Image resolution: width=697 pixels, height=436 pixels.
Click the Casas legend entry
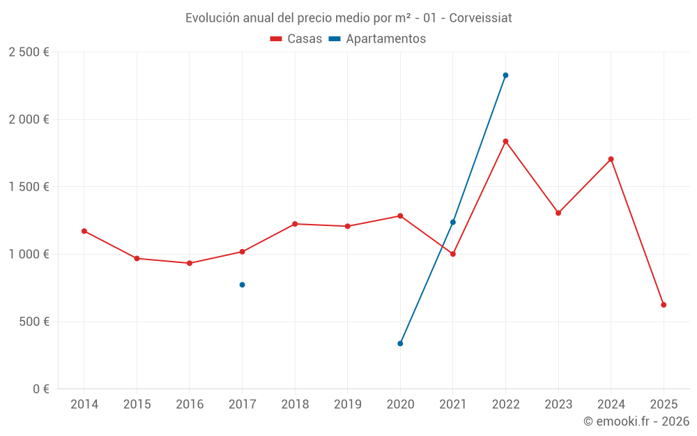[x=296, y=39]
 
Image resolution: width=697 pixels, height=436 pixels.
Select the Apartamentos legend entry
[x=377, y=39]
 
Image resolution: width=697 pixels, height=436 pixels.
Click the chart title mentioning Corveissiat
[x=348, y=18]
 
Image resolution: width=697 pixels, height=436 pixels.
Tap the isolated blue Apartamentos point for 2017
[x=242, y=285]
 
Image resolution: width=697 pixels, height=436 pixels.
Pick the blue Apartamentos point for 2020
[x=400, y=343]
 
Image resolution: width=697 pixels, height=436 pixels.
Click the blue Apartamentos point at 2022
[x=505, y=75]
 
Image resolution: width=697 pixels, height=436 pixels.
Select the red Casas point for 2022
[x=505, y=142]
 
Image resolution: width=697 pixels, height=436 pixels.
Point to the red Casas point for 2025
[x=664, y=305]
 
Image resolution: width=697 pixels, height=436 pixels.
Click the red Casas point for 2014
[x=84, y=231]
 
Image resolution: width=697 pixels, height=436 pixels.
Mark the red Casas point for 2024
[x=611, y=159]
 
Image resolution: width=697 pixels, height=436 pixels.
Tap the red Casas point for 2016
[x=190, y=263]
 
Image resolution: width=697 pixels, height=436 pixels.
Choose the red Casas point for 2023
[x=558, y=213]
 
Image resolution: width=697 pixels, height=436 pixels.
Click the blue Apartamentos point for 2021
[x=453, y=222]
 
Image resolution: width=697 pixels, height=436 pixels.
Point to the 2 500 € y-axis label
[x=29, y=52]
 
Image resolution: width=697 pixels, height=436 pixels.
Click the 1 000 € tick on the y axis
[x=29, y=255]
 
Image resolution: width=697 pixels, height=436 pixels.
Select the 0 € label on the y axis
[x=39, y=389]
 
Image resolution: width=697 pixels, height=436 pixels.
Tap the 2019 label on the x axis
[x=347, y=405]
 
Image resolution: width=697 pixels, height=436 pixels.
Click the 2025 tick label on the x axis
[x=664, y=405]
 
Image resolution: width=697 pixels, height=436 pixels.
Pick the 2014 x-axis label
[x=84, y=405]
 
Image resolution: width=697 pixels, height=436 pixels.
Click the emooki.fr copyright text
[x=636, y=421]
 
